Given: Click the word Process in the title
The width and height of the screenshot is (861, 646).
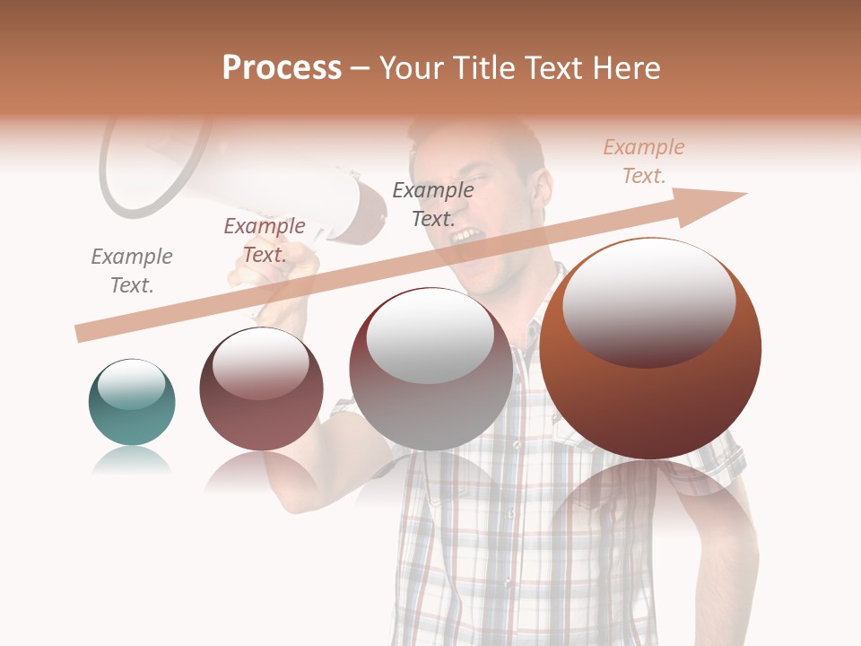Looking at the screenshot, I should [x=282, y=68].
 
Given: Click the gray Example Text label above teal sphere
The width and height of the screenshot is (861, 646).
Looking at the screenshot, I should [x=132, y=271].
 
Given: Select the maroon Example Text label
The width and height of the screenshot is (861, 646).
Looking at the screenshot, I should [x=265, y=240].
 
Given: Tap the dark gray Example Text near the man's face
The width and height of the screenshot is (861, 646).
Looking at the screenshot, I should [x=433, y=205].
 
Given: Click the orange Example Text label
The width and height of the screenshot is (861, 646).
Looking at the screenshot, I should [x=644, y=161].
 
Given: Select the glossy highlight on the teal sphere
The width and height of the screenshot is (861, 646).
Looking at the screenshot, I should [x=132, y=384].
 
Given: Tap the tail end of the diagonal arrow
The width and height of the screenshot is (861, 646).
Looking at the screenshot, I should [x=83, y=334].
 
